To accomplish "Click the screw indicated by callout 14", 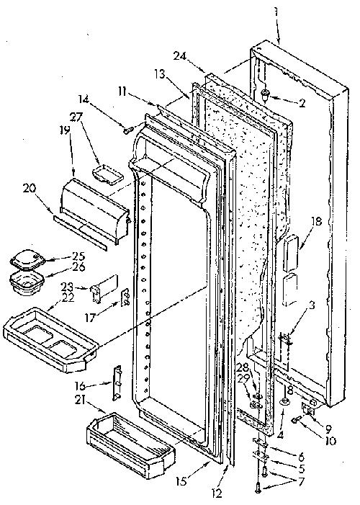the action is [x=128, y=130].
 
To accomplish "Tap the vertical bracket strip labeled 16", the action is [x=118, y=383].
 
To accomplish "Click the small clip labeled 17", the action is [x=125, y=298].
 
